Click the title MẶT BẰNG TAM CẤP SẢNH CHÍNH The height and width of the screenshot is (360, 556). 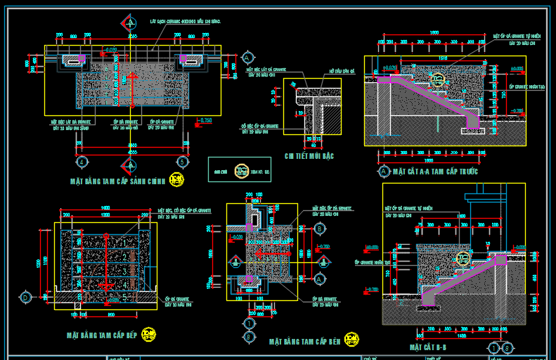click(x=117, y=181)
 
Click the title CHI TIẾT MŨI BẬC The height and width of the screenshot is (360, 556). click(x=309, y=156)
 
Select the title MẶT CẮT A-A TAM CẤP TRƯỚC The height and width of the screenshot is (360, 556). click(x=435, y=171)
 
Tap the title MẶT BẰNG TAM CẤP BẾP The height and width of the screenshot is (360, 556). click(x=101, y=336)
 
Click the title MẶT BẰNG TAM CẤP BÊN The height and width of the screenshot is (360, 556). click(x=304, y=342)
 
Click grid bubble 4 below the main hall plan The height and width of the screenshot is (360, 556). click(x=82, y=162)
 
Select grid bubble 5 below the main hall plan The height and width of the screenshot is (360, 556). click(x=182, y=162)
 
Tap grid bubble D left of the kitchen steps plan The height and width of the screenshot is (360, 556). click(x=26, y=297)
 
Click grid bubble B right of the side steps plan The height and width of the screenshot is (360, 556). click(x=319, y=229)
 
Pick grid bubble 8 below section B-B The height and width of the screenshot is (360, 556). click(x=507, y=347)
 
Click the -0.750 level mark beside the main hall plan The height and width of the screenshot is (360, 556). click(x=205, y=121)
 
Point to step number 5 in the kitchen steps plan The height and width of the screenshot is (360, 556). click(x=124, y=297)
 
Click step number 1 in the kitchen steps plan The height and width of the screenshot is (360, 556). click(x=124, y=241)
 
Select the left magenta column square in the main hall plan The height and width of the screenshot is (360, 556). click(x=82, y=58)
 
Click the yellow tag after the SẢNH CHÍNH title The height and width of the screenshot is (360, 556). click(x=176, y=181)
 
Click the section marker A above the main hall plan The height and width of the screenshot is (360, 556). click(x=131, y=22)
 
